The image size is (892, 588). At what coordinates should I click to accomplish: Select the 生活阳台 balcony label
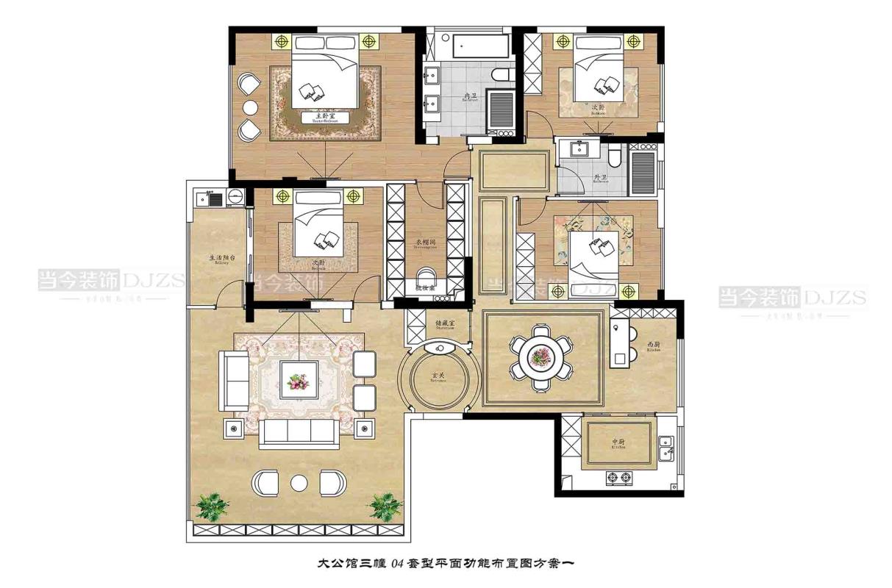[221, 259]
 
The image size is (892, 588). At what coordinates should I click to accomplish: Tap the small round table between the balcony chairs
[299, 482]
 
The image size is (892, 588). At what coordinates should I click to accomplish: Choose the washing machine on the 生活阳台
[235, 196]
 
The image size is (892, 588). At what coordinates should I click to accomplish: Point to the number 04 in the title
[397, 564]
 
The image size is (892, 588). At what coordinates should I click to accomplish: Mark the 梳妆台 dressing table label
[426, 289]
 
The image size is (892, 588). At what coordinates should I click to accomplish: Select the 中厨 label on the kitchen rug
[618, 443]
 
